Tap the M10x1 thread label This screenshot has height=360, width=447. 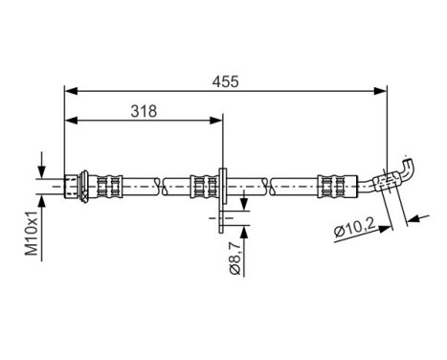[31, 235]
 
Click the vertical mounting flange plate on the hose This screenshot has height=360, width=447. [222, 196]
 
